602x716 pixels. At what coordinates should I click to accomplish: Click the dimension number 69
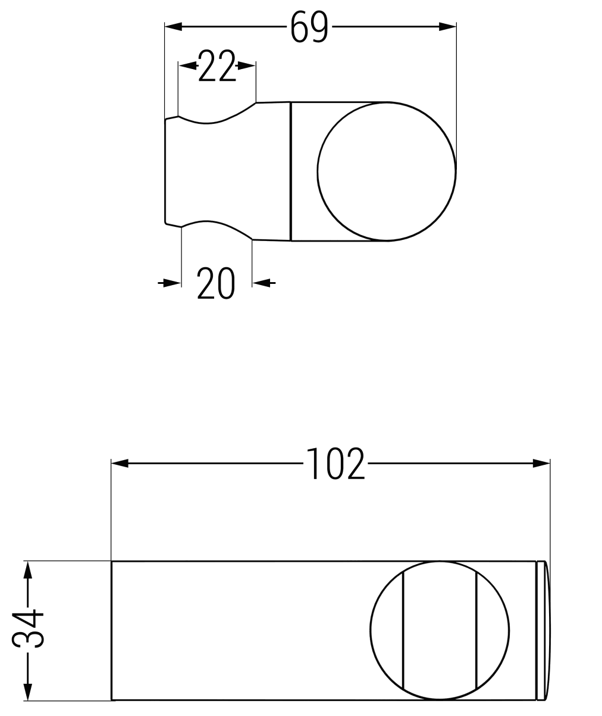click(309, 27)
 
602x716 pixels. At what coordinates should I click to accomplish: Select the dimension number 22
click(217, 65)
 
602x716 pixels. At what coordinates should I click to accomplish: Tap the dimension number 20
click(216, 283)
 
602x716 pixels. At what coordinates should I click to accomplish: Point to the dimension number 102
click(336, 464)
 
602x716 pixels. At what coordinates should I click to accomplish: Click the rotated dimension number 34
click(27, 629)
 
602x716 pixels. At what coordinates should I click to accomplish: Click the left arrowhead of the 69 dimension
click(174, 27)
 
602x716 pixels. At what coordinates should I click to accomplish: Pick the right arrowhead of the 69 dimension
click(447, 27)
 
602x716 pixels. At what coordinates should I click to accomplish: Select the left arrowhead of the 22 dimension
click(187, 65)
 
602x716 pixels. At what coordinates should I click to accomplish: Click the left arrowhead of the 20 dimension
click(172, 283)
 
